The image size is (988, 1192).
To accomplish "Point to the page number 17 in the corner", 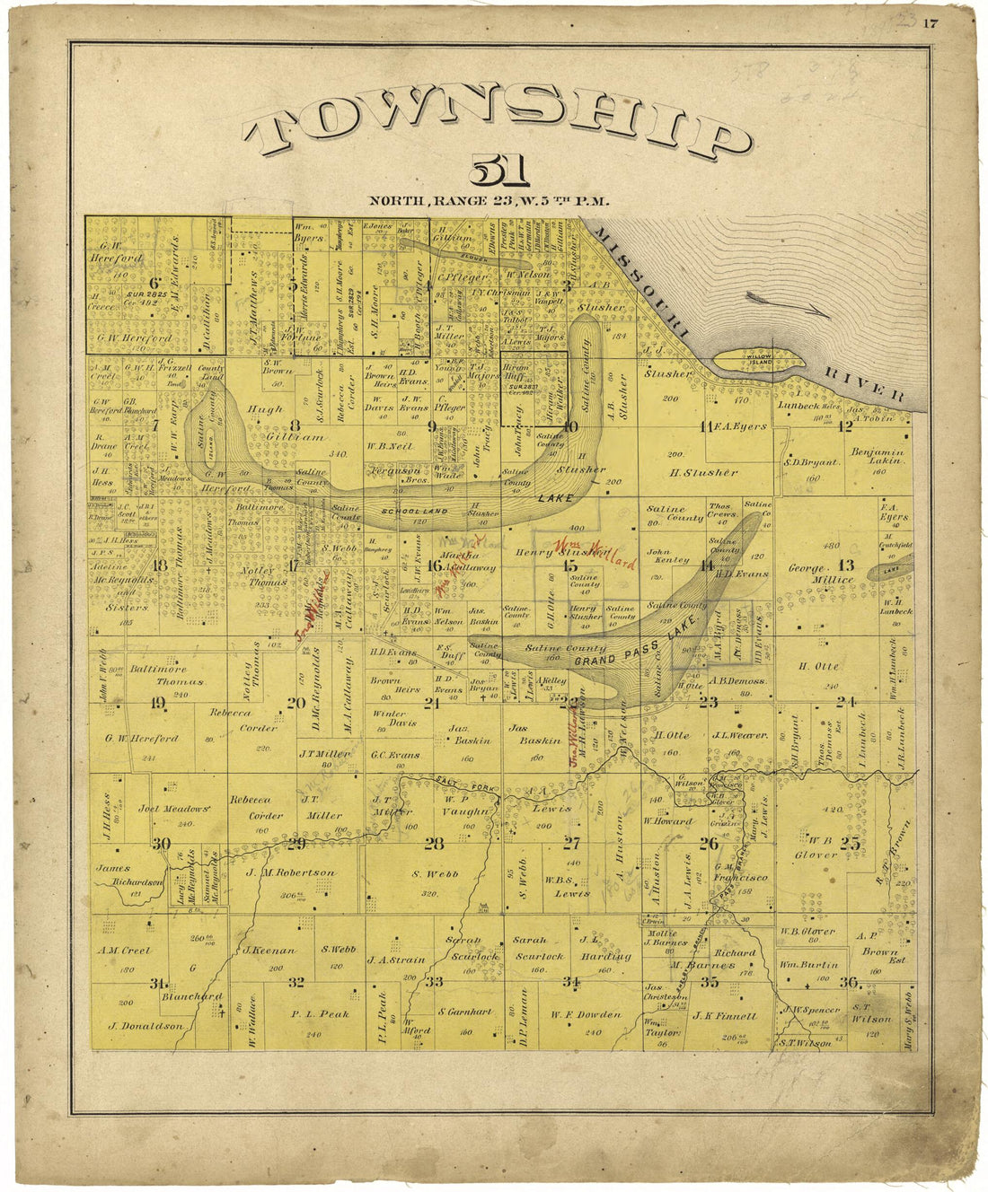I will pos(930,24).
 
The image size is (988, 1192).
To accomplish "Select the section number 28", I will pos(434,844).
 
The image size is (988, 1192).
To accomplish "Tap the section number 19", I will pos(158,703).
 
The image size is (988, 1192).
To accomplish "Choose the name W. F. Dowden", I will pos(587,1015).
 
